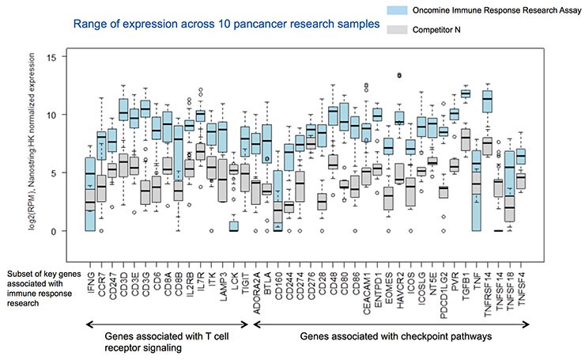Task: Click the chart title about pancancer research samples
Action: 228,25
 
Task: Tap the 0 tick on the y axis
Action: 53,231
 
